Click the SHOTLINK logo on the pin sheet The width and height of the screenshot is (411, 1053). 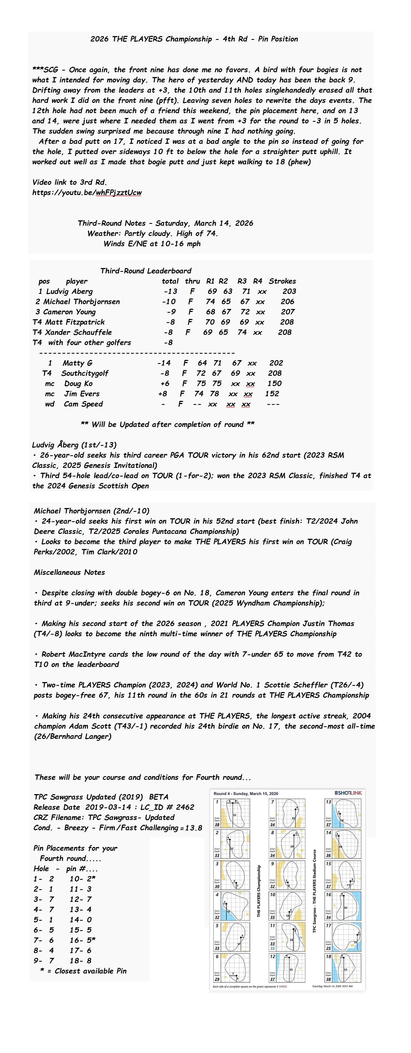pos(348,793)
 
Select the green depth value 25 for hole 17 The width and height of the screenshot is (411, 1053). pos(328,948)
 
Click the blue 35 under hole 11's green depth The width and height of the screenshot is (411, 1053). pos(272,948)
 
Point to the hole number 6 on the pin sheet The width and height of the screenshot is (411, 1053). pos(217,957)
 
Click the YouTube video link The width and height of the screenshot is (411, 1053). pos(87,193)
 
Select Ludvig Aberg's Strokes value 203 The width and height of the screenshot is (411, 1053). pos(289,291)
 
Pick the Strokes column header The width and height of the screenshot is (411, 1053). pos(282,281)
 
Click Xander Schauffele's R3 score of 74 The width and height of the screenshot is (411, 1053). pos(242,332)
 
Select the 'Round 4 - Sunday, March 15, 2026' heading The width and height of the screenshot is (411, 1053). pos(246,793)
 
